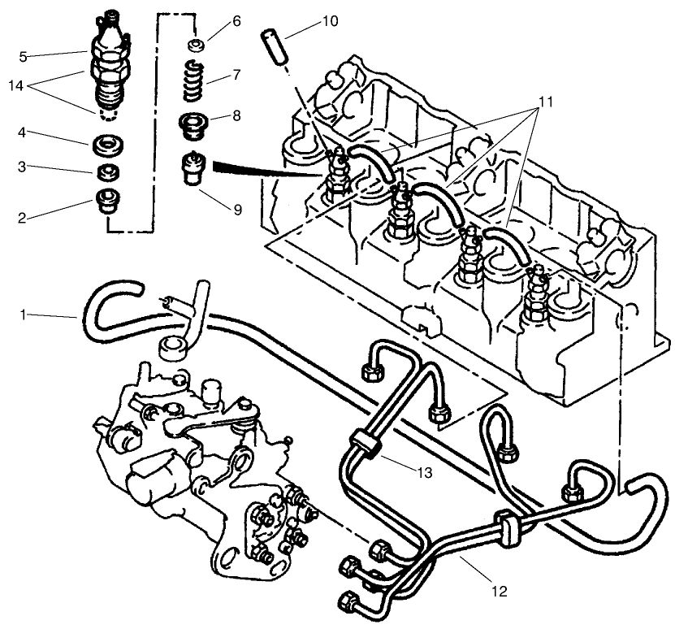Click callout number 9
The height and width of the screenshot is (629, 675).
(237, 210)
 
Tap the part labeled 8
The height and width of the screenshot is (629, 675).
(193, 124)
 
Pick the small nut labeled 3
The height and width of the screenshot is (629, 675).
(106, 172)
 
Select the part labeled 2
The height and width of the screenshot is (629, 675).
(106, 199)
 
